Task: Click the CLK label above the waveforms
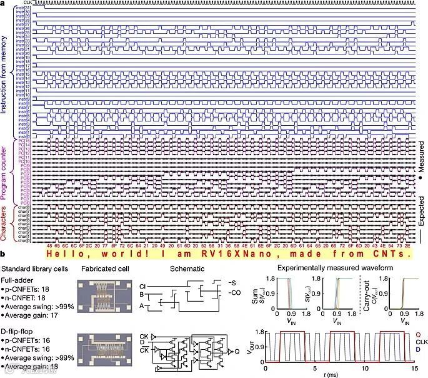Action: click(27, 3)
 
